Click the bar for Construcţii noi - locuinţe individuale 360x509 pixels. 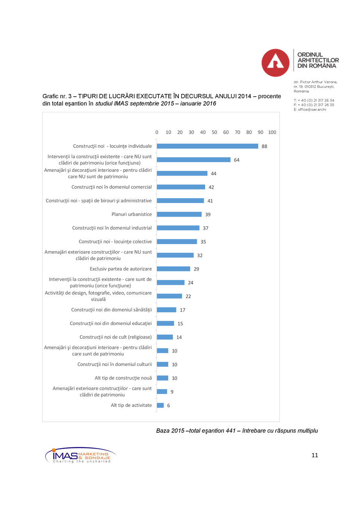pos(207,146)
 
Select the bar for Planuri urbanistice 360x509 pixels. pos(179,214)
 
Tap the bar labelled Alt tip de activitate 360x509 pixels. pos(160,405)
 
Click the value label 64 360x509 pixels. pos(237,160)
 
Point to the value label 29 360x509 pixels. pos(196,269)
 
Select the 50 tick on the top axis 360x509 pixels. pos(214,132)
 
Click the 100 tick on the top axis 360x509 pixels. pos(272,132)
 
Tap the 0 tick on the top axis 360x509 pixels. pos(157,132)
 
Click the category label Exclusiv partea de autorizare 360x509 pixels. pos(121,269)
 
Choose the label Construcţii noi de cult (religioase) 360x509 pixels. pos(115,337)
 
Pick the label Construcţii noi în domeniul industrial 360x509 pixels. pos(112,228)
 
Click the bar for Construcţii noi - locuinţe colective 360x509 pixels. pos(177,242)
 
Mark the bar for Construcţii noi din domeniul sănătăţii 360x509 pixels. pos(167,310)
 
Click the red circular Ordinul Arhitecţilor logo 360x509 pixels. pos(275,63)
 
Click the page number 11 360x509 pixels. pos(315,455)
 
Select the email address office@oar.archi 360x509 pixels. pos(310,110)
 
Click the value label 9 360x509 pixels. pos(172,392)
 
